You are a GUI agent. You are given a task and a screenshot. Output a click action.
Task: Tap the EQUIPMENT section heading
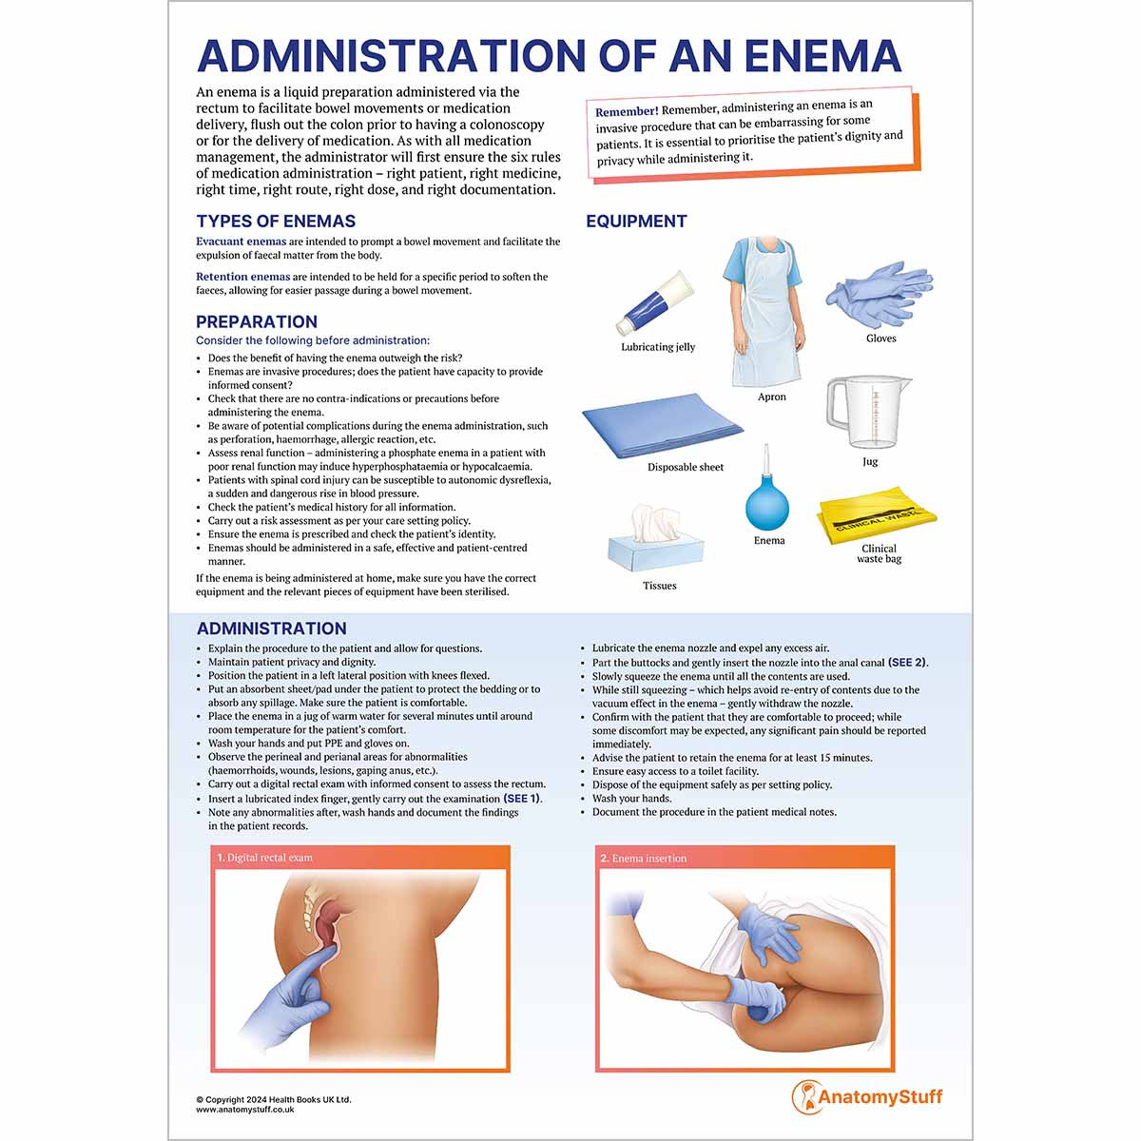[x=636, y=222]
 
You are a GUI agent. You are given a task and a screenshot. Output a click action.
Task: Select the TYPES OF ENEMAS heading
[x=276, y=222]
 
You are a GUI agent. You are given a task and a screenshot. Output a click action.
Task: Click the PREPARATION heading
[x=257, y=322]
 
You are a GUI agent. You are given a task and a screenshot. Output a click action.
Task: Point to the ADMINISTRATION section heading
[x=272, y=629]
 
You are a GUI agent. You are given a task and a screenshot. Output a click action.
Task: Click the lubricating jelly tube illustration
[x=655, y=303]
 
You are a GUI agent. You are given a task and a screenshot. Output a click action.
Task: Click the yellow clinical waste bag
[x=877, y=515]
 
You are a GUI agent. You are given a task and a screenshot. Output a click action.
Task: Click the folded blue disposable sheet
[x=662, y=424]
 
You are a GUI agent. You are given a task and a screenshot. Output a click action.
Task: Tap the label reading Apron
[x=772, y=397]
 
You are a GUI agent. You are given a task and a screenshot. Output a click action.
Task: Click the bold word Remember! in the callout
[x=627, y=112]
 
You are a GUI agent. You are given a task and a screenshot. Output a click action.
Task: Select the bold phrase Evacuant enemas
[x=242, y=242]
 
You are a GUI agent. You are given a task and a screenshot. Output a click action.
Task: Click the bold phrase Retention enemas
[x=243, y=277]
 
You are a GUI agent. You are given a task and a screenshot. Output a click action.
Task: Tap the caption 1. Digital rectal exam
[x=265, y=858]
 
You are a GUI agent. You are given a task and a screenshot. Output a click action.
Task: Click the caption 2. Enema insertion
[x=644, y=859]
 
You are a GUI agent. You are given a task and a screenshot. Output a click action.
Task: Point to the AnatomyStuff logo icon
[x=804, y=1096]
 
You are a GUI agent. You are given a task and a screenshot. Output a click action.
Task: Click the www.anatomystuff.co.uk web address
[x=245, y=1110]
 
